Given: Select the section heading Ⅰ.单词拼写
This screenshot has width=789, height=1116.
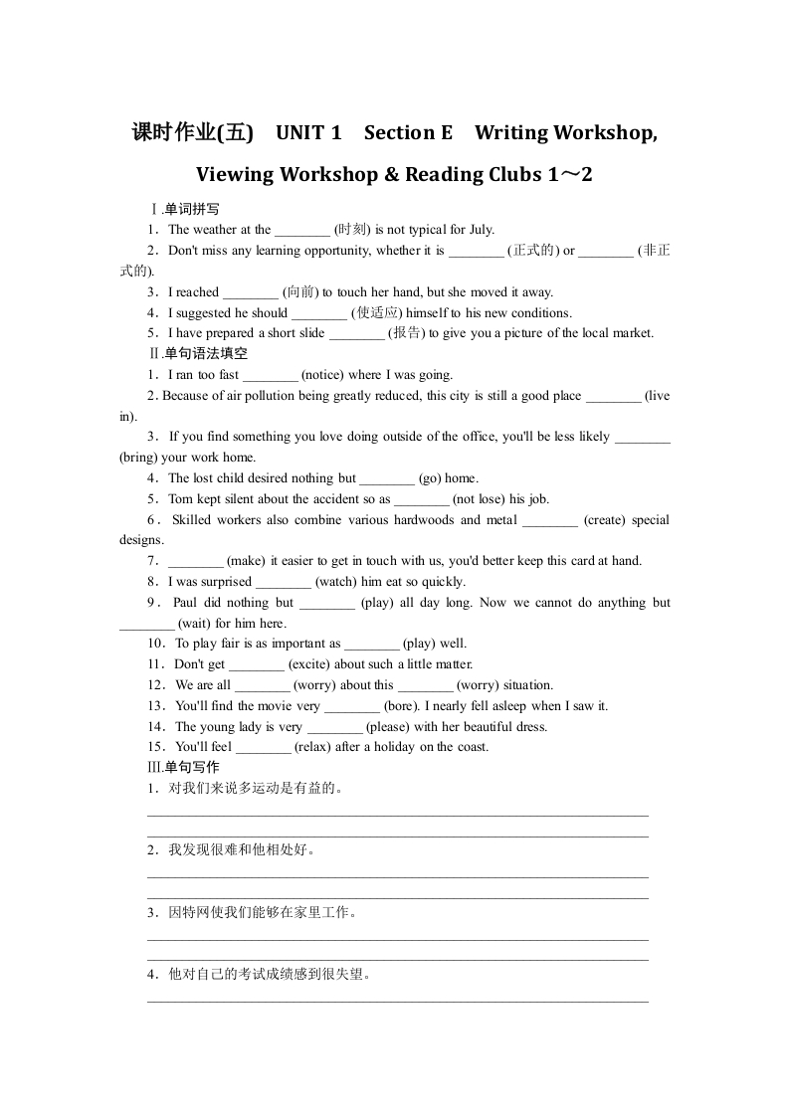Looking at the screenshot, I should click(x=184, y=209).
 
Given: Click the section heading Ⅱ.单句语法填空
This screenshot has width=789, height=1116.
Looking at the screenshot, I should click(x=198, y=354).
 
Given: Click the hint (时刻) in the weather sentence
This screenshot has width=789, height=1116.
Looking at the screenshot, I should click(x=353, y=230).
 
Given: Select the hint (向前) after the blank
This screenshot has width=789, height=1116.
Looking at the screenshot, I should click(x=300, y=292).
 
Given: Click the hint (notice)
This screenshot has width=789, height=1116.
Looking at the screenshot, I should click(x=322, y=375).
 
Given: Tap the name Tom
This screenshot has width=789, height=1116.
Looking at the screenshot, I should click(x=180, y=499).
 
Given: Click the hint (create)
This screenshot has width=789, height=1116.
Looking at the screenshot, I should click(x=606, y=519).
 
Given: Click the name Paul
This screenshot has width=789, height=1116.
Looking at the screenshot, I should click(x=185, y=603).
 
